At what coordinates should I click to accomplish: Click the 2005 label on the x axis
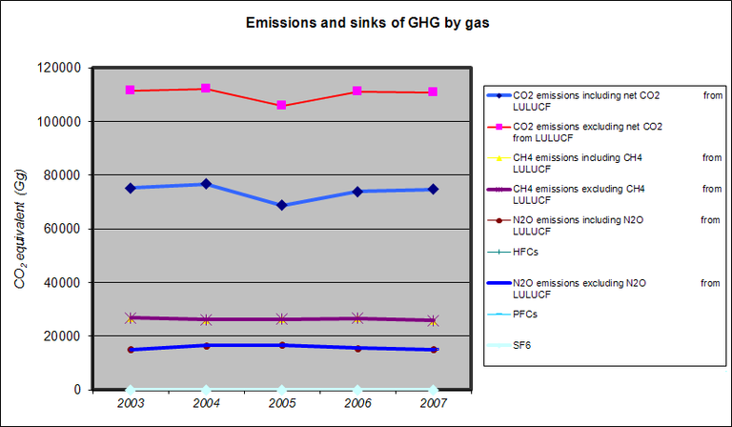(x=281, y=404)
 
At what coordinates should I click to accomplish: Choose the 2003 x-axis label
(x=130, y=404)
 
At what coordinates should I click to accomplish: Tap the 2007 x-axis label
(x=433, y=404)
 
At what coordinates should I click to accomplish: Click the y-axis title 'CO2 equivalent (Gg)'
(x=20, y=229)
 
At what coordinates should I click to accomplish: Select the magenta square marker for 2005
(x=281, y=105)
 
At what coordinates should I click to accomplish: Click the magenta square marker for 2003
(x=130, y=91)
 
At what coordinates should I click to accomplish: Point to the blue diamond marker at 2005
(x=281, y=205)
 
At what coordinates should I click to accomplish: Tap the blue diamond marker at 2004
(x=206, y=184)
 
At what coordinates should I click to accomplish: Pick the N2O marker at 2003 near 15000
(x=130, y=350)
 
